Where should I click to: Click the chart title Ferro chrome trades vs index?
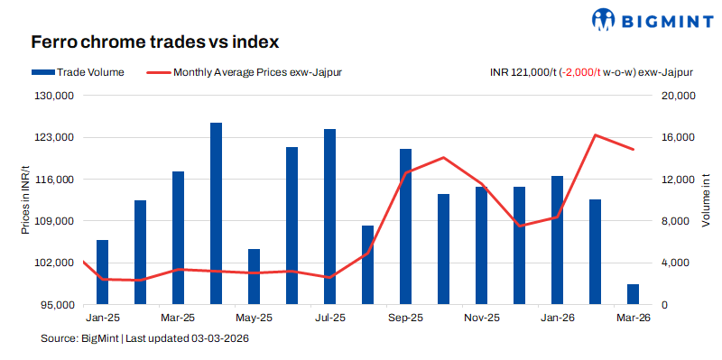pyautogui.click(x=154, y=42)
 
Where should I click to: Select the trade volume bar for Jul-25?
pyautogui.click(x=330, y=217)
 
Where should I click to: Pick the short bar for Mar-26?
pyautogui.click(x=634, y=294)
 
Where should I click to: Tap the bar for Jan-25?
pyautogui.click(x=103, y=272)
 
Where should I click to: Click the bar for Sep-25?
pyautogui.click(x=406, y=226)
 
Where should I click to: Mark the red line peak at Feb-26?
pyautogui.click(x=596, y=135)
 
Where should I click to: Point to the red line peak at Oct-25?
pyautogui.click(x=443, y=158)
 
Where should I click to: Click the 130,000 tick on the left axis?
pyautogui.click(x=56, y=96)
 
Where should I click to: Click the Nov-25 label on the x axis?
pyautogui.click(x=481, y=318)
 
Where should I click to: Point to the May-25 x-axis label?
pyautogui.click(x=254, y=318)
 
